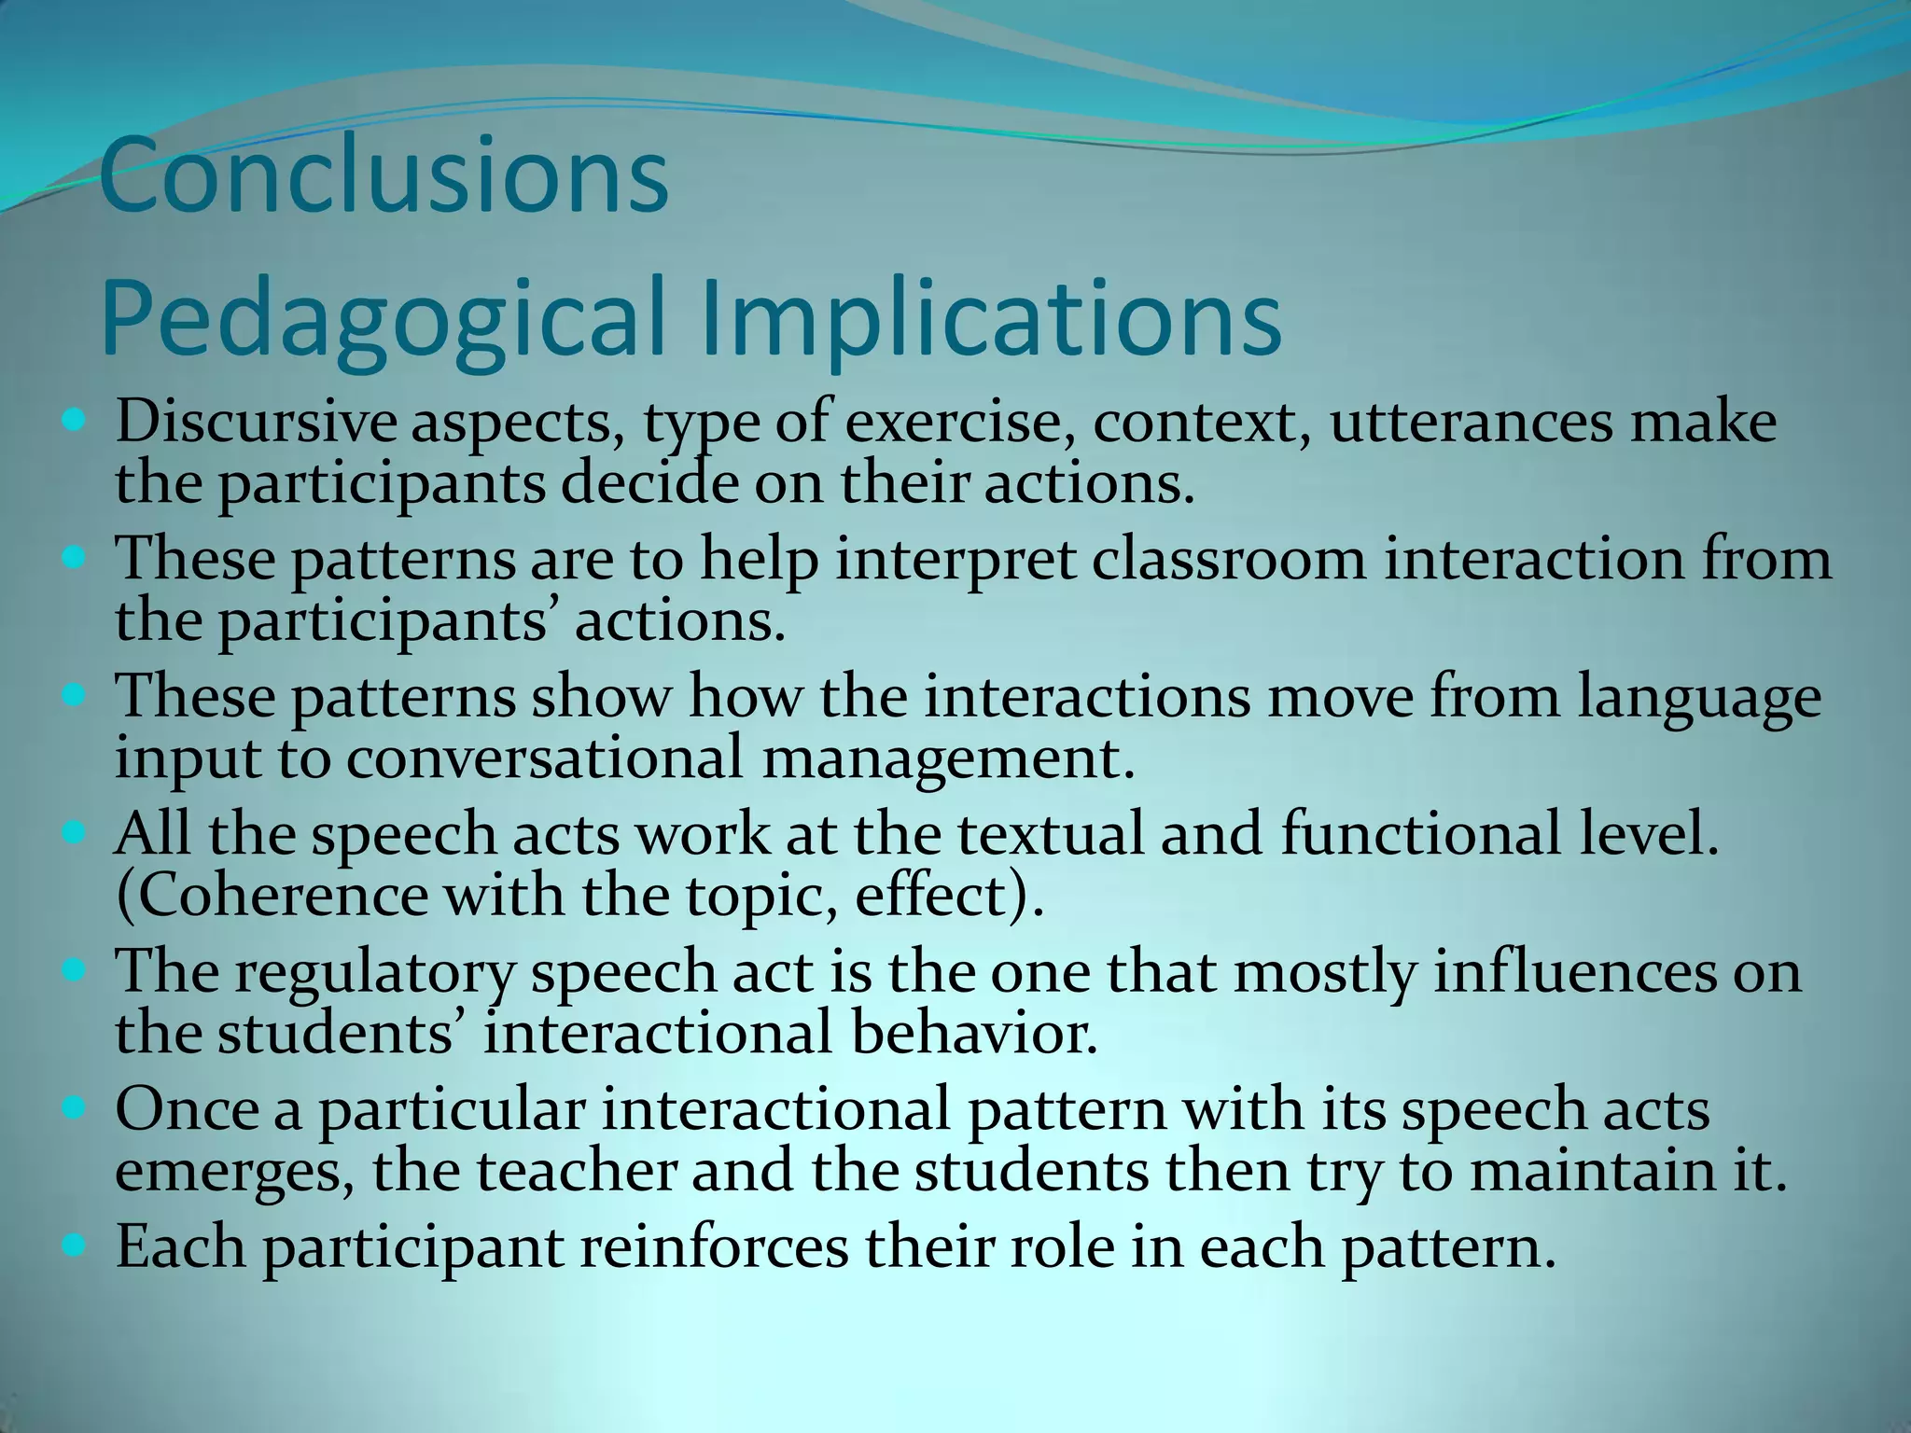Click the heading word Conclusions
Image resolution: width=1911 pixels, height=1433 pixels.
[384, 175]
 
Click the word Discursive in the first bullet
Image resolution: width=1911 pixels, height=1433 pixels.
[255, 422]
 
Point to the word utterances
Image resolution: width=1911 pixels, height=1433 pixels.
[1471, 422]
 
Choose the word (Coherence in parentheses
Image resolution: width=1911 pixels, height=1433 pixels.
[272, 897]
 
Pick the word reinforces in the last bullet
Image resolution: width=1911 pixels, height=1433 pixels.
[714, 1247]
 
